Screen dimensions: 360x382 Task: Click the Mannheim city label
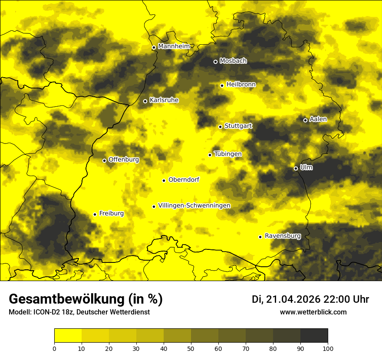(174, 46)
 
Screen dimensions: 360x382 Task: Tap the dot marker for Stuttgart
(221, 127)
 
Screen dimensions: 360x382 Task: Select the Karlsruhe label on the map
(164, 100)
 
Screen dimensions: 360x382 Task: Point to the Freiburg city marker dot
(95, 214)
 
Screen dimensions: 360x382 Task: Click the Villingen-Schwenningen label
(194, 206)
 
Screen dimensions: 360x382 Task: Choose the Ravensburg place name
(283, 236)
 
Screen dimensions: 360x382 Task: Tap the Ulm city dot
(296, 168)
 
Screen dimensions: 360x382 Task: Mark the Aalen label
(318, 119)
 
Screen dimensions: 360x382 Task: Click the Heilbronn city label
(241, 85)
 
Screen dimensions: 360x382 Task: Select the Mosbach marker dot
(216, 62)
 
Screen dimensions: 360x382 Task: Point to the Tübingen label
(228, 154)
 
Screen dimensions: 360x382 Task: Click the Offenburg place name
(124, 160)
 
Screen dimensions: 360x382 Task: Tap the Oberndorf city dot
(164, 180)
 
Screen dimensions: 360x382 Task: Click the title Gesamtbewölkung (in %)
(86, 299)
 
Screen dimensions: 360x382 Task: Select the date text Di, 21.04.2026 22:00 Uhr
(310, 299)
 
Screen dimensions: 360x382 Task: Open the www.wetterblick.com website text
(313, 312)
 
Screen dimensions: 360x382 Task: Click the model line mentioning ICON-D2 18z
(79, 312)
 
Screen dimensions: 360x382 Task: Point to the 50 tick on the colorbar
(191, 348)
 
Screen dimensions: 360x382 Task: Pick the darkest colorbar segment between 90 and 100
(314, 335)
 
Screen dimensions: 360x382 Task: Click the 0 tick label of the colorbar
(54, 348)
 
